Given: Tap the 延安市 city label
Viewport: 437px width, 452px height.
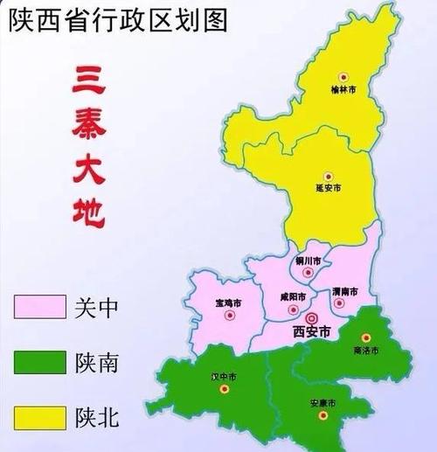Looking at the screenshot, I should click(x=329, y=188).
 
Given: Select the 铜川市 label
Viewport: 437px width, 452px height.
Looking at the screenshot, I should click(x=308, y=261).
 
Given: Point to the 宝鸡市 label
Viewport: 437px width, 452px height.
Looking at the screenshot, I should click(x=227, y=303).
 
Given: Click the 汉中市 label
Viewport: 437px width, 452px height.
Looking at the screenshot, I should click(x=225, y=376).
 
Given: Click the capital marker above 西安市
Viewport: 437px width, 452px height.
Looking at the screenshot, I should click(x=311, y=317).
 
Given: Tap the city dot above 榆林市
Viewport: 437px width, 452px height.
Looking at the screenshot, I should click(x=343, y=77).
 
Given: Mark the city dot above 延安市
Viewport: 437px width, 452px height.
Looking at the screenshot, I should click(x=328, y=176).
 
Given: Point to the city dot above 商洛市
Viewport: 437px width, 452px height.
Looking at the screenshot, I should click(x=367, y=337).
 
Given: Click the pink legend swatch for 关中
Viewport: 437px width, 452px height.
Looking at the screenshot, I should click(x=39, y=306).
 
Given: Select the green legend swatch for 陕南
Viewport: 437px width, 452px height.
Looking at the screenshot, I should click(x=39, y=361).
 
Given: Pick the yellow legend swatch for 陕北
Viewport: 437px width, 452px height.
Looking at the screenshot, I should click(x=39, y=415).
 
